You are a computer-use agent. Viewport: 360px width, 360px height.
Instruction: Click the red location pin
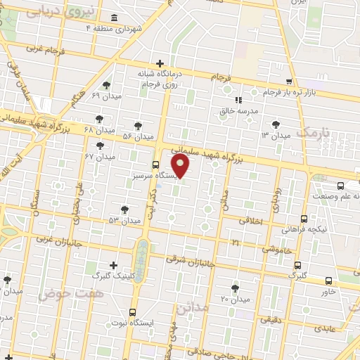181,166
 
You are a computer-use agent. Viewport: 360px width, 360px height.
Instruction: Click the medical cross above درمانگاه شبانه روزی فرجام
160,63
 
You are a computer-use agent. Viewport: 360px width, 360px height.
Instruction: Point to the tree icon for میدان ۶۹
106,85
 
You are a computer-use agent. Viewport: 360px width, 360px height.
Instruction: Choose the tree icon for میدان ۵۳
124,209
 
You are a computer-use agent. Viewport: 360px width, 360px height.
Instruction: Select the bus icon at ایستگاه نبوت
132,312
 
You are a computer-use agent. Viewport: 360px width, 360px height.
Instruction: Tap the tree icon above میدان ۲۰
234,288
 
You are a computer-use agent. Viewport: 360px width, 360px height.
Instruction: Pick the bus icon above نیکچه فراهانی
304,219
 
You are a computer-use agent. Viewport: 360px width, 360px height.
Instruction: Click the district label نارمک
312,132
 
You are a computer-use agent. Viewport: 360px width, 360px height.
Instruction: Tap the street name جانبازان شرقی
191,261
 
